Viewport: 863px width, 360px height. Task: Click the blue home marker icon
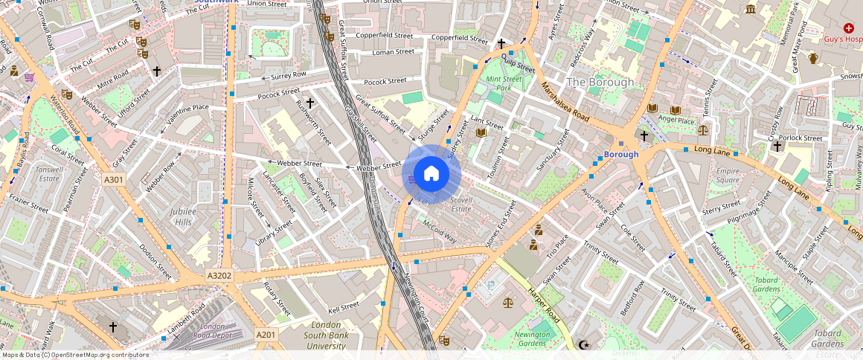431,174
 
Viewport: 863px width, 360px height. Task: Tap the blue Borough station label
620,155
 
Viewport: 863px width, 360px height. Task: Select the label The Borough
600,82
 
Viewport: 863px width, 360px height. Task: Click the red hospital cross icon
848,28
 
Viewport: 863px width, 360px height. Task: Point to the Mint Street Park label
504,83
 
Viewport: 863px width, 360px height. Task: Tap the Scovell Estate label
461,205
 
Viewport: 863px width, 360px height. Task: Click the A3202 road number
219,275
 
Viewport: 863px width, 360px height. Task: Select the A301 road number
113,179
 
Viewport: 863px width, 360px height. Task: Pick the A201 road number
266,335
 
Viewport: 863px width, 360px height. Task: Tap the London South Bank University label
327,335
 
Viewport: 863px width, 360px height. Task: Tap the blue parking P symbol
490,285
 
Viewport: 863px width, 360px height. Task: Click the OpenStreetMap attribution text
74,355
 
